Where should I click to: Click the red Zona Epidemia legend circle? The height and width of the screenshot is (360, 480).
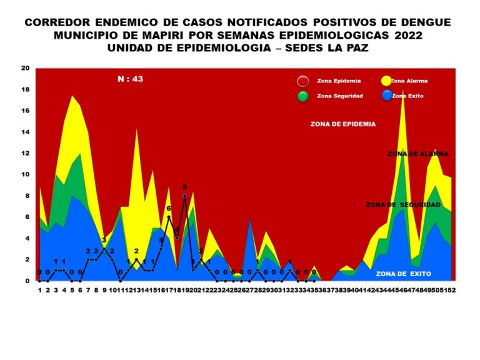coord(302,81)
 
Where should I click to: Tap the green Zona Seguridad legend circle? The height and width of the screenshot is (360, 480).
coord(302,96)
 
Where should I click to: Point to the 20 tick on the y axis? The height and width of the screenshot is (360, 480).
coord(26,68)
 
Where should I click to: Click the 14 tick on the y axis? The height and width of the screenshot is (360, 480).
coord(26,132)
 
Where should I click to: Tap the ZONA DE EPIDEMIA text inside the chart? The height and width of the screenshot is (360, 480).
coord(343,124)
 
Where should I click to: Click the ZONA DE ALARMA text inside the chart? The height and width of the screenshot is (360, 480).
coord(417,154)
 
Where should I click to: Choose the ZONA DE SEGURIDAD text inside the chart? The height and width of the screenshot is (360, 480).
coord(404,204)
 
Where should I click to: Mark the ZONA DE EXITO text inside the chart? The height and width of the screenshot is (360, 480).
coord(404,274)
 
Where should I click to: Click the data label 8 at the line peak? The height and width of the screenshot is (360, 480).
coord(185,187)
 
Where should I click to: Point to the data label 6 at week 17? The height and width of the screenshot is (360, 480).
coord(168,209)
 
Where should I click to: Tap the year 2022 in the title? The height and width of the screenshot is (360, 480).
coord(402,35)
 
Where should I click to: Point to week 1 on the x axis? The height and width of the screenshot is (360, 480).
coord(39,291)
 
